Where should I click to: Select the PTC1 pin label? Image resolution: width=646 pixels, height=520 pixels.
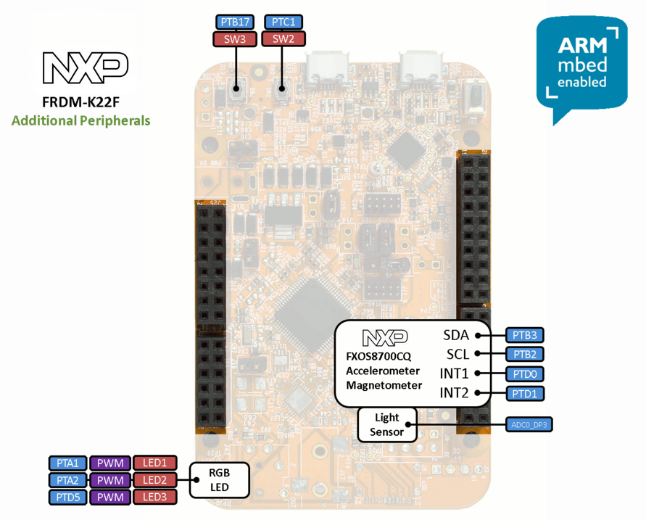pyautogui.click(x=283, y=22)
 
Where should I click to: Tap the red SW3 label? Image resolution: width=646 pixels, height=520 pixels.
pyautogui.click(x=235, y=39)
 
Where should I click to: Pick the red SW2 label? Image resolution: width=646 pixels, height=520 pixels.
pyautogui.click(x=283, y=39)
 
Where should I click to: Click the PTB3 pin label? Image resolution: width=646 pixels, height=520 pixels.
pyautogui.click(x=524, y=335)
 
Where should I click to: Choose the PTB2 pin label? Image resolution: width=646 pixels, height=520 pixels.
pyautogui.click(x=524, y=355)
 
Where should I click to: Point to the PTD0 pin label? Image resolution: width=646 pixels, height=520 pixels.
pyautogui.click(x=524, y=374)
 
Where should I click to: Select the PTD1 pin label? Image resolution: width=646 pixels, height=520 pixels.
pyautogui.click(x=524, y=394)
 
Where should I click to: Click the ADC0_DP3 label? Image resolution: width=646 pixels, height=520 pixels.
pyautogui.click(x=529, y=424)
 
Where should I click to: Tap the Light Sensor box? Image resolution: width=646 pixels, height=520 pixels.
pyautogui.click(x=387, y=425)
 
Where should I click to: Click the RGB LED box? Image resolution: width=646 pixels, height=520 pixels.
pyautogui.click(x=219, y=480)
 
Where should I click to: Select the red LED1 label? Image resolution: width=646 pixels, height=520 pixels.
pyautogui.click(x=154, y=463)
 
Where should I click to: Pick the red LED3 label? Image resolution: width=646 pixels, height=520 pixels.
pyautogui.click(x=154, y=497)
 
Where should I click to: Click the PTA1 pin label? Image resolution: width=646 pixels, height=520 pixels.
pyautogui.click(x=68, y=463)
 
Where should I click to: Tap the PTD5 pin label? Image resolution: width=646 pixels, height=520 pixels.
pyautogui.click(x=68, y=497)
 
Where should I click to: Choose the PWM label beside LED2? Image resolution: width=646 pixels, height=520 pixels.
pyautogui.click(x=110, y=480)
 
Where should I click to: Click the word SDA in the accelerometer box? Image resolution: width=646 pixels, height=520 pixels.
pyautogui.click(x=456, y=335)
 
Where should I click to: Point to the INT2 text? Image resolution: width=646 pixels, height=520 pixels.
pyautogui.click(x=454, y=393)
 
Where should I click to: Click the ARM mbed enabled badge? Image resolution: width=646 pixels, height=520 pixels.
pyautogui.click(x=581, y=65)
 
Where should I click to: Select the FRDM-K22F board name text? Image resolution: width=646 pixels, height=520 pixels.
pyautogui.click(x=81, y=102)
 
